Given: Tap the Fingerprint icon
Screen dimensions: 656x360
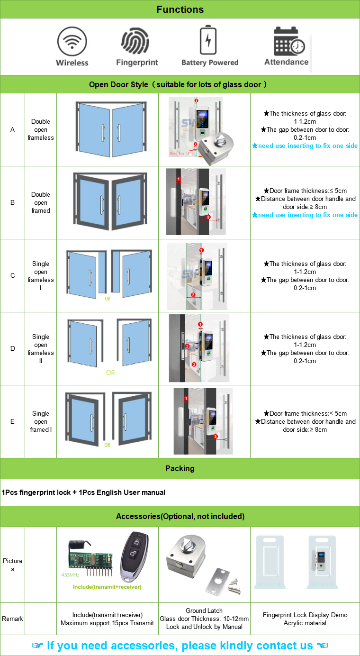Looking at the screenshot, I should pos(136,41).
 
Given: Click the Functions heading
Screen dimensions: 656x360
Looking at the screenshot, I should pos(180,9).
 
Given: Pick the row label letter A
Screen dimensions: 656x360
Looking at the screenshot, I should pos(12,129).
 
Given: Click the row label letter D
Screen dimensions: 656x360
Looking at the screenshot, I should pos(12,348).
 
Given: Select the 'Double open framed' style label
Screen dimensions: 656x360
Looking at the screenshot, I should pos(41,202).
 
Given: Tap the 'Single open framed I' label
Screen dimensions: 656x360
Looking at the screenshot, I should pos(41,421).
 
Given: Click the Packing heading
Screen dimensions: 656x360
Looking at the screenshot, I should pos(180,468).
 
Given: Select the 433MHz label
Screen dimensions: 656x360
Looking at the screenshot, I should pos(70,575).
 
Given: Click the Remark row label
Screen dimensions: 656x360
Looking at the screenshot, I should pos(12,619).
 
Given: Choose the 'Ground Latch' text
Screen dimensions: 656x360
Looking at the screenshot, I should pos(204,610).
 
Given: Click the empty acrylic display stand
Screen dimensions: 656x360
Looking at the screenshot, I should pos(269,563).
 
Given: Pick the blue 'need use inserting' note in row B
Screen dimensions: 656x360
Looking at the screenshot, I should pos(305,215).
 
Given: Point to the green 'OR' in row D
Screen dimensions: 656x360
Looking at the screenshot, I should pos(110,373).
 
